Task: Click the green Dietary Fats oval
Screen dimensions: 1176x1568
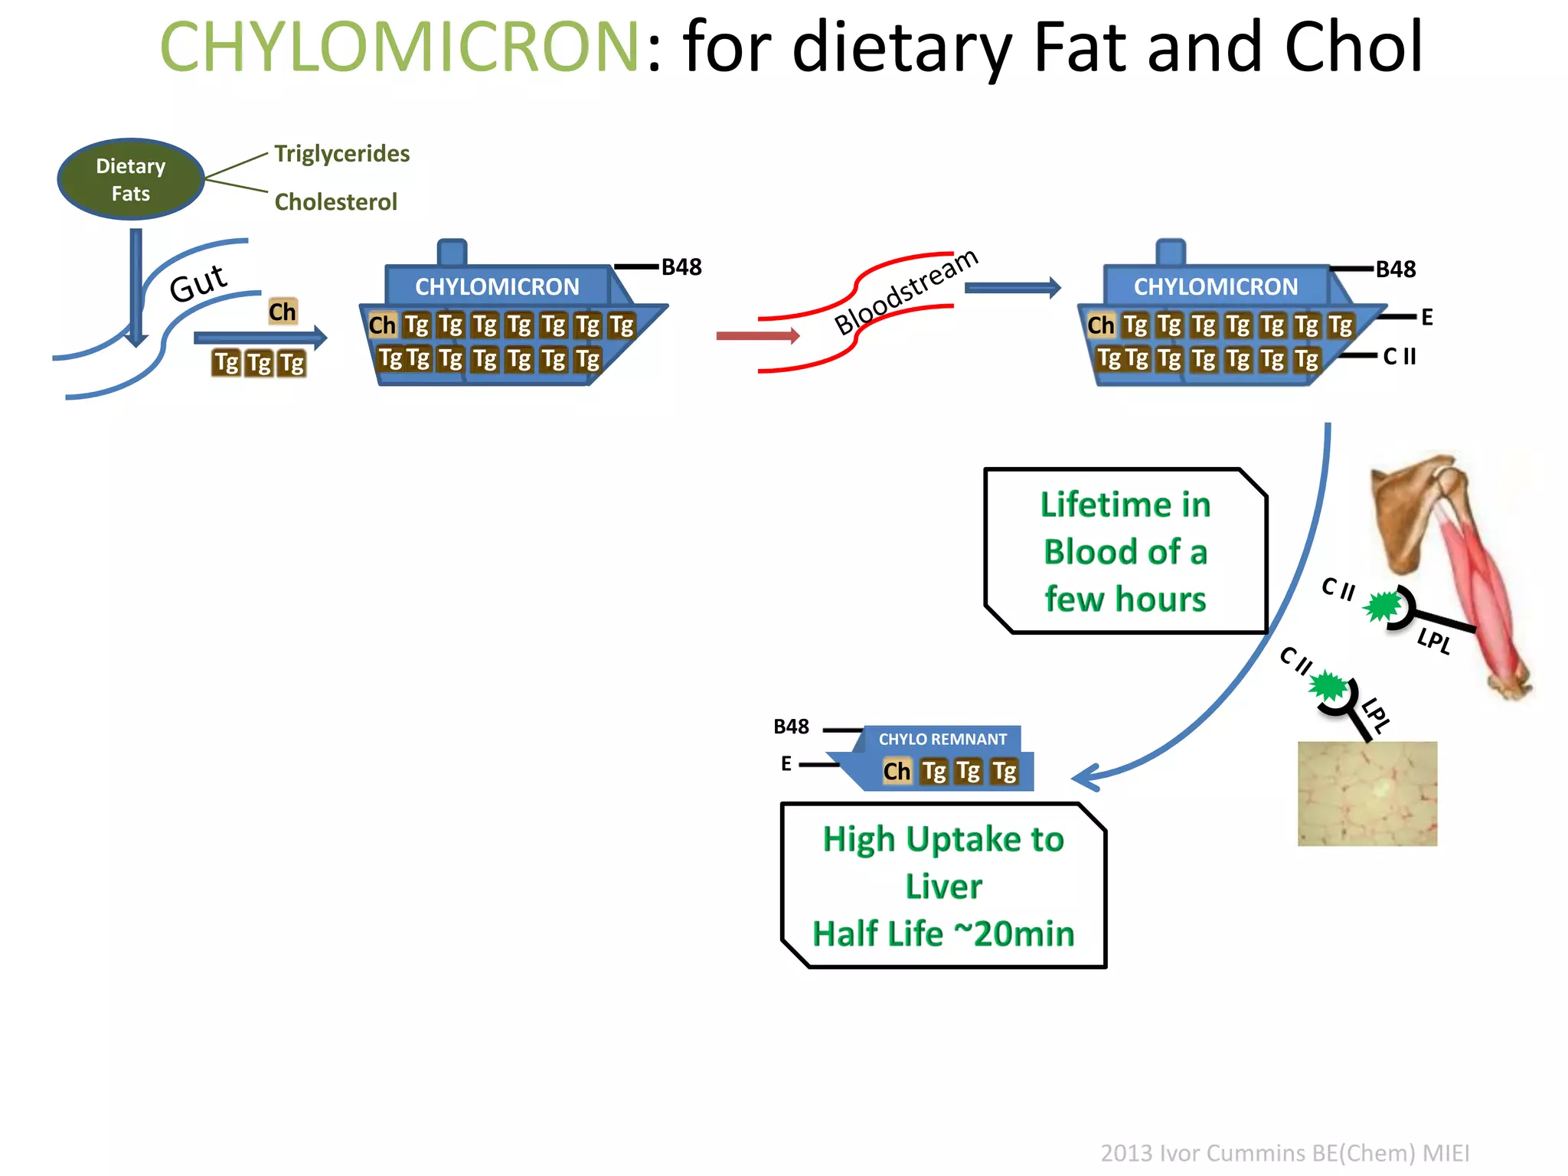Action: [131, 179]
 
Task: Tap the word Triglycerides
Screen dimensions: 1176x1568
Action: [341, 154]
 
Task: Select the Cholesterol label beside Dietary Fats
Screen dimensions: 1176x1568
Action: [335, 202]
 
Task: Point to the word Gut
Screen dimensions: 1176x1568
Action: [198, 283]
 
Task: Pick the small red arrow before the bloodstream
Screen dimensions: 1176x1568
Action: [757, 335]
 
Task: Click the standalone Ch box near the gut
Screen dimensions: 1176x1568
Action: [282, 312]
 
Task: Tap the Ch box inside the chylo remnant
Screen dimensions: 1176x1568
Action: [897, 771]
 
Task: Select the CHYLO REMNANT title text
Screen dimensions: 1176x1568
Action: [942, 740]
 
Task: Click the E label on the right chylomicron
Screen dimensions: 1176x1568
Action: [1426, 317]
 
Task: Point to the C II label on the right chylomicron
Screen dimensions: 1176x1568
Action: [1400, 356]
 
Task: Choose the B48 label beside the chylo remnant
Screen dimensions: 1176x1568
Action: [791, 727]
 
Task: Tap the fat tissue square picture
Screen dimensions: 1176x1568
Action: [1367, 793]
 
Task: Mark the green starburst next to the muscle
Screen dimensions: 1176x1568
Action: [1382, 607]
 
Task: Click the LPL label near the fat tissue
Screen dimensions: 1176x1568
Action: [1376, 715]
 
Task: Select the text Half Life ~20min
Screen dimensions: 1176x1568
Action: [943, 934]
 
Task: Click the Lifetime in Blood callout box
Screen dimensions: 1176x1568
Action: [1125, 551]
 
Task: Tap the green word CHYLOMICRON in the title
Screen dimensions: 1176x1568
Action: [399, 47]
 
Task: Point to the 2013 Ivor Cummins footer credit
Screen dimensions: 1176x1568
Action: [1285, 1153]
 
